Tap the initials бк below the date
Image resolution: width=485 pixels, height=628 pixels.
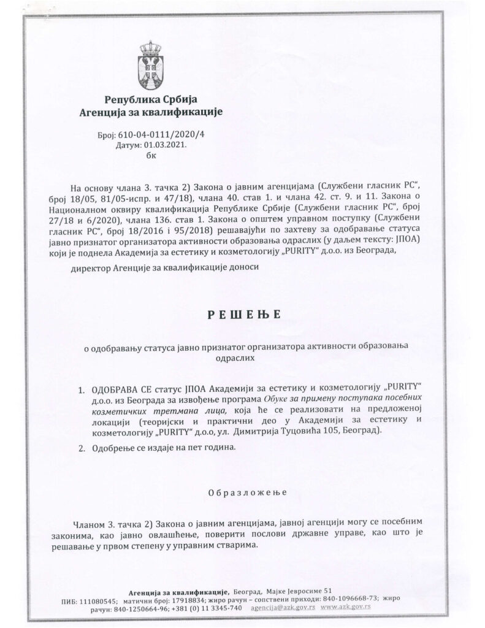tap(151, 156)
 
